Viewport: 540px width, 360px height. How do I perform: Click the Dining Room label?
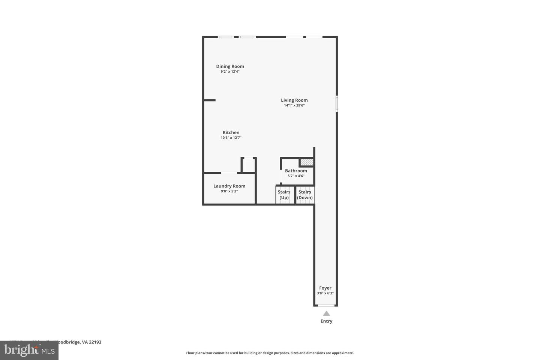click(x=230, y=66)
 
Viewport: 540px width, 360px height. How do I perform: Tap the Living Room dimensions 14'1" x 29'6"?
click(x=294, y=105)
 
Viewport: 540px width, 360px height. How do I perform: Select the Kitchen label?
click(x=231, y=132)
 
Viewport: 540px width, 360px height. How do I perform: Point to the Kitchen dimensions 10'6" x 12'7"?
click(x=231, y=138)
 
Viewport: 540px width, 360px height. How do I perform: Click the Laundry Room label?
click(x=229, y=186)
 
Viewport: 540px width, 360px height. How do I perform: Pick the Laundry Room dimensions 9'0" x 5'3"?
click(x=229, y=191)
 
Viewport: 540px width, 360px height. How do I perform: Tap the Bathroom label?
click(x=296, y=171)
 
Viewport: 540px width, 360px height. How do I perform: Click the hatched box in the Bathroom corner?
click(x=306, y=162)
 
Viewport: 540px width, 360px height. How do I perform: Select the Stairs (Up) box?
click(x=284, y=195)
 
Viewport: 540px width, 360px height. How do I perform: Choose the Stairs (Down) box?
click(x=305, y=195)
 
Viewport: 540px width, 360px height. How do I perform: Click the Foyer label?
click(x=325, y=288)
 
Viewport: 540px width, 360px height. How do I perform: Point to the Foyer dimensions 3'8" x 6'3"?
click(x=325, y=293)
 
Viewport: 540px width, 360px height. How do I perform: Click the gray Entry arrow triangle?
click(x=326, y=313)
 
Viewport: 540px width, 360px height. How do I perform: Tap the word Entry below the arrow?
click(x=326, y=321)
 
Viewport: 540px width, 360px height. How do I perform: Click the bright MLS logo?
click(x=29, y=350)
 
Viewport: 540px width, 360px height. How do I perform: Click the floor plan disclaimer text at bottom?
click(x=270, y=353)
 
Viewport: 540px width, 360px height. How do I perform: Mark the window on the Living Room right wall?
click(x=337, y=103)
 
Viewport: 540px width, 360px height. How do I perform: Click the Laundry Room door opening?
click(x=229, y=173)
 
